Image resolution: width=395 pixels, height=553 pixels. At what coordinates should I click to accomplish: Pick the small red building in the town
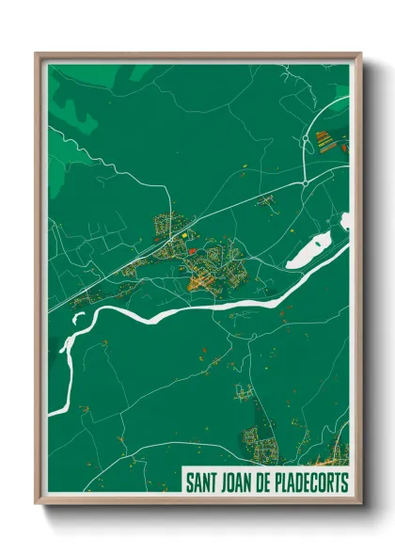[x=191, y=252]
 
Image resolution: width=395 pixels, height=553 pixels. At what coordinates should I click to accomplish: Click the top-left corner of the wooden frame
[x=38, y=55]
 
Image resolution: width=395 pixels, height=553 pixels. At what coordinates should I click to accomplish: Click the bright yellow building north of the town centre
[x=185, y=235]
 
